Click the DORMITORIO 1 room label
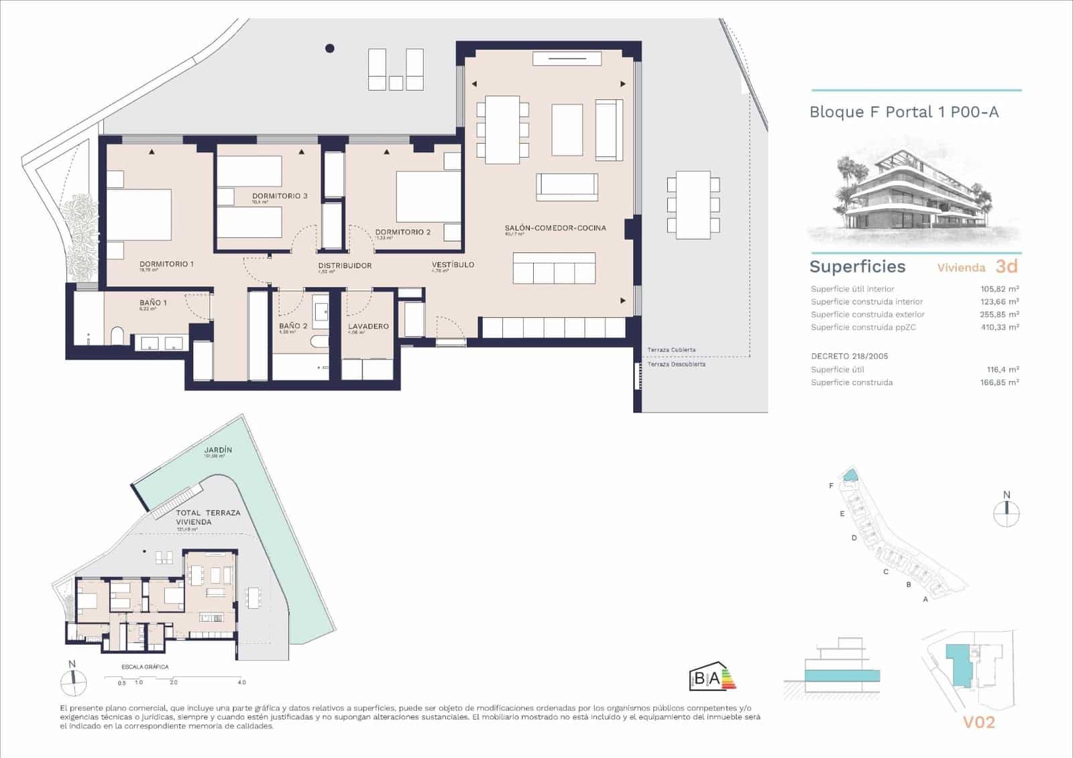[166, 264]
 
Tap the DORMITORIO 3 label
[280, 196]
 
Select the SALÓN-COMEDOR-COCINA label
[555, 228]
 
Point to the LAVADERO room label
[368, 326]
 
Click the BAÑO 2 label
[293, 326]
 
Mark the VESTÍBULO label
[453, 265]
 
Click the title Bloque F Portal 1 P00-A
[903, 112]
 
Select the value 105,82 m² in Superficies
[999, 289]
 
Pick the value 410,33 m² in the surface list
[999, 327]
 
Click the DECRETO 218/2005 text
[849, 356]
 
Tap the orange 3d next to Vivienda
[1007, 266]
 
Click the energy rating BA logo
[708, 679]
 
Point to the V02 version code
[978, 722]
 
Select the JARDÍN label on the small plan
[219, 449]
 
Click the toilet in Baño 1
[119, 335]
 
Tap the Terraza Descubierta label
[676, 364]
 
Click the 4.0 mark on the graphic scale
[241, 682]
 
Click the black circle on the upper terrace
[329, 48]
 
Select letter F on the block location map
[831, 486]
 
